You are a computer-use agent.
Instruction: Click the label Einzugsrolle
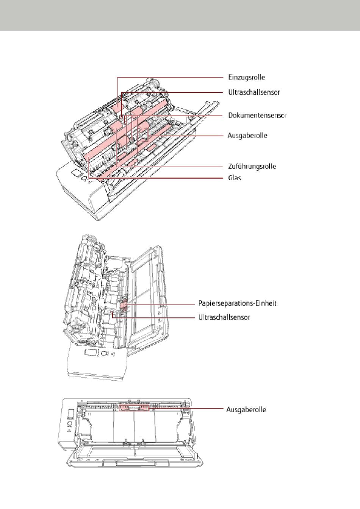(x=247, y=77)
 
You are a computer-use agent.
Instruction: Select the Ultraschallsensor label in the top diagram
(x=254, y=92)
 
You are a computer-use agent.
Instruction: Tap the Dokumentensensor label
(x=258, y=116)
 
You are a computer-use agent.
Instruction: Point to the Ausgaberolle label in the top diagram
(x=247, y=136)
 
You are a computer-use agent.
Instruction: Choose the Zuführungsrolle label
(x=252, y=166)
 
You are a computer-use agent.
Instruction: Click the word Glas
(x=235, y=178)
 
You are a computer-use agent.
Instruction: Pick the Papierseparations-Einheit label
(x=238, y=303)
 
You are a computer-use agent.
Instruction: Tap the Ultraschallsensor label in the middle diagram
(x=224, y=317)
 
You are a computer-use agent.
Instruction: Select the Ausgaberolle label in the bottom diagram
(x=246, y=409)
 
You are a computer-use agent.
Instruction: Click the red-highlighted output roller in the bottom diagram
(x=134, y=408)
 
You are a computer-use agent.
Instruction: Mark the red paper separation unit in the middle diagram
(x=124, y=305)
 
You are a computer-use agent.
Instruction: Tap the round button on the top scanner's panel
(x=84, y=178)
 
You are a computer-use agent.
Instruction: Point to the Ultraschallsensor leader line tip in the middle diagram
(x=112, y=313)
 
